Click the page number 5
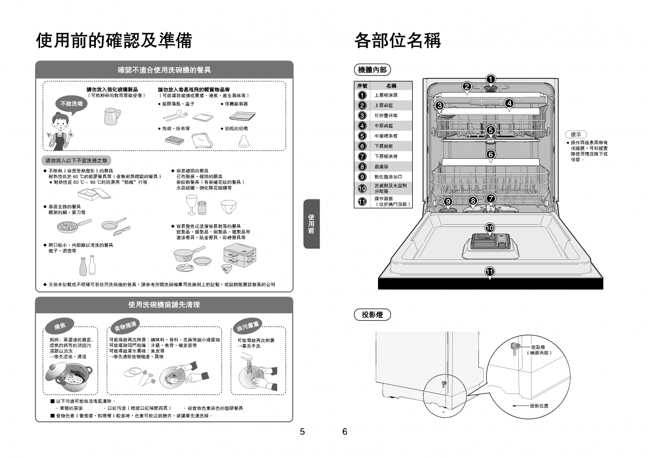302,432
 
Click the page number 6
345,432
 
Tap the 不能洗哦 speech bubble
72,104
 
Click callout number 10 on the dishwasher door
490,228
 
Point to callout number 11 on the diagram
490,272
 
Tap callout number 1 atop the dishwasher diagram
490,79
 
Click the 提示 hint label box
576,134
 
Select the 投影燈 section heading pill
373,315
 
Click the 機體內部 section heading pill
373,70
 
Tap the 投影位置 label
539,406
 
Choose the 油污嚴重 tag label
248,326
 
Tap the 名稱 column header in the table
391,86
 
